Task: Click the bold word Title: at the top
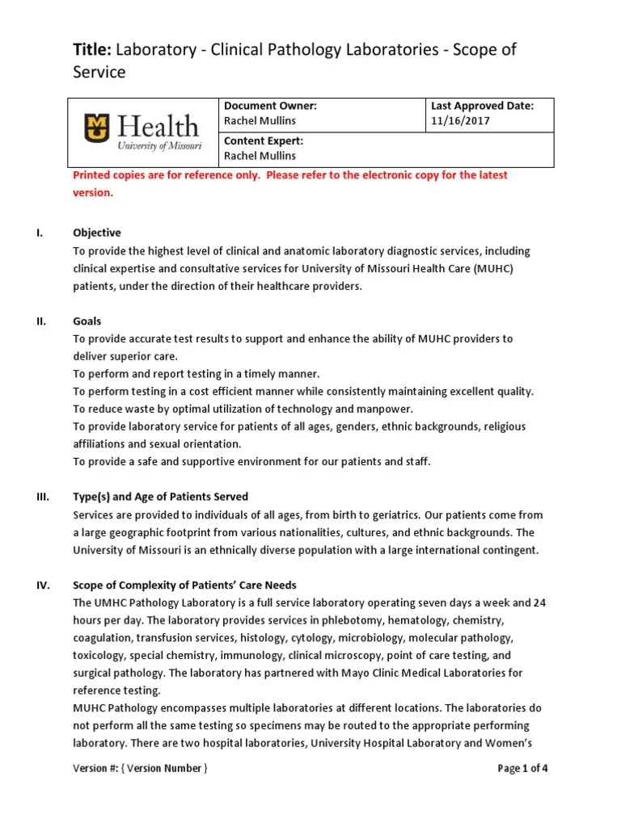[93, 50]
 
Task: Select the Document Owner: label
[269, 106]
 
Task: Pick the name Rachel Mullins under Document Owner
[260, 121]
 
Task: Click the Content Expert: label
[264, 140]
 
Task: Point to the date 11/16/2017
[460, 121]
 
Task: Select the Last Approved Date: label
[482, 106]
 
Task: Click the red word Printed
[95, 175]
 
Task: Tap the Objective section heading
[97, 233]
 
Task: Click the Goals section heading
[87, 321]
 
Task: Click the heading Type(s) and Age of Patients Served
[160, 497]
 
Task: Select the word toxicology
[99, 655]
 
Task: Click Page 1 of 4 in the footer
[522, 768]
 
